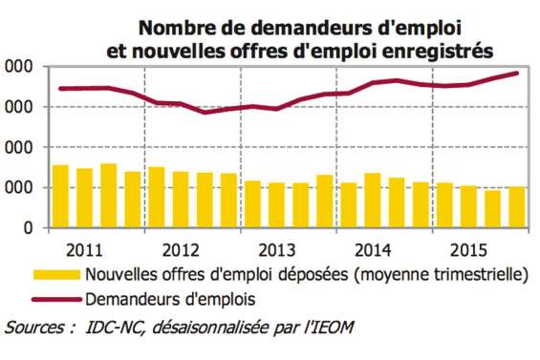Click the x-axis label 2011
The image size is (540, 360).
click(86, 252)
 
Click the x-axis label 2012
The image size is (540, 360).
click(181, 252)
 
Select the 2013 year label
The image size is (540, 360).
click(274, 252)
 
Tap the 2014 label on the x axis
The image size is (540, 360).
click(370, 252)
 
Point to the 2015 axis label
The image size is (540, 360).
click(464, 252)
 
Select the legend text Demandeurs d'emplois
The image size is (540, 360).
click(171, 299)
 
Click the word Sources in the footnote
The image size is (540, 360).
click(37, 328)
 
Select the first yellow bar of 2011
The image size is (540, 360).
click(60, 197)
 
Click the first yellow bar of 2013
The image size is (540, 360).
click(252, 204)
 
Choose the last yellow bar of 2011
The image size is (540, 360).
click(133, 200)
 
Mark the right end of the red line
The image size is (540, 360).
click(517, 73)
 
